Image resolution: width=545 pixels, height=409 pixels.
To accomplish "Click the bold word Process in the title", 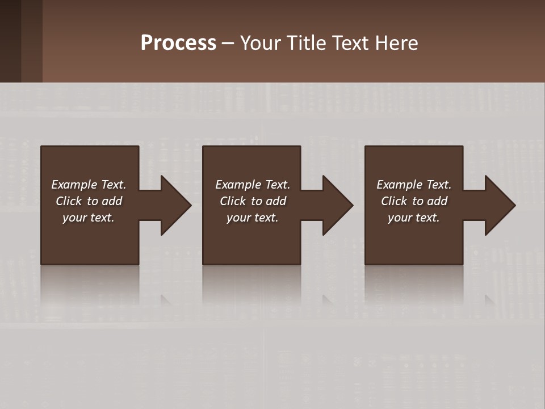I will coord(178,43).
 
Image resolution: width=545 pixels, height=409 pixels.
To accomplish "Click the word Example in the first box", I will coord(74,185).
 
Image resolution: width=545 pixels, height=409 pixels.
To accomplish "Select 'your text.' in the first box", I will coord(89,218).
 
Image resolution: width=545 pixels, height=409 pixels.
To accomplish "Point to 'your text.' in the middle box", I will coord(253,218).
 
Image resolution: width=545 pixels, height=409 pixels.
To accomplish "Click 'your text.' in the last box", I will coord(414,218).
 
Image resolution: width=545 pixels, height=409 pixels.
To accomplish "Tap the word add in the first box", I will coord(112,201).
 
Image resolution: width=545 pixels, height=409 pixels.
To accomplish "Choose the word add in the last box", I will coord(437,201).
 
